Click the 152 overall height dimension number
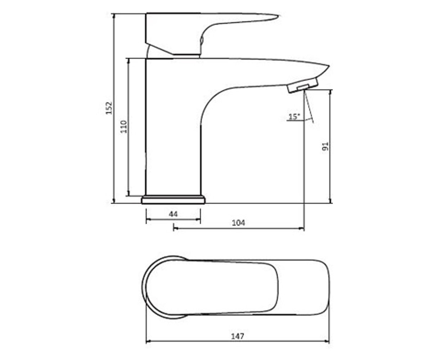pyautogui.click(x=109, y=108)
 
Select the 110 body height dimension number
pyautogui.click(x=124, y=127)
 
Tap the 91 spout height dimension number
pyautogui.click(x=325, y=146)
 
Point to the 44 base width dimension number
pyautogui.click(x=173, y=214)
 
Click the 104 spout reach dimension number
pyautogui.click(x=238, y=223)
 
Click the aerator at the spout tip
pyautogui.click(x=302, y=85)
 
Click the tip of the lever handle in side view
pyautogui.click(x=278, y=16)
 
